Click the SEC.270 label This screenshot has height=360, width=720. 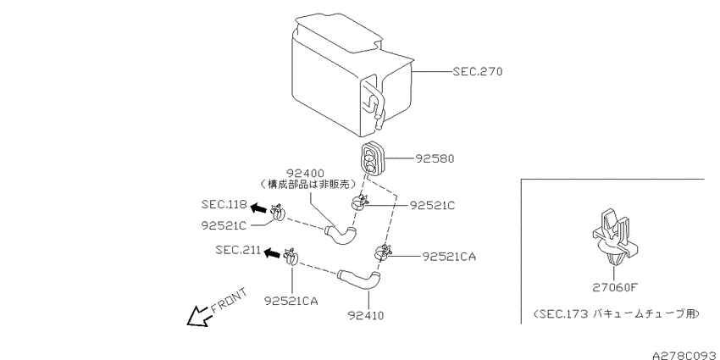(x=478, y=72)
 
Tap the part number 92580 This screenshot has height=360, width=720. (x=435, y=158)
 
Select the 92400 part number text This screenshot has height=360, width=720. (x=305, y=174)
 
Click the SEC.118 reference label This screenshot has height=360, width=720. (x=224, y=204)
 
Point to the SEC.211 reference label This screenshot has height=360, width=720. (x=238, y=250)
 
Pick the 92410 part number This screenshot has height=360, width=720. (x=366, y=315)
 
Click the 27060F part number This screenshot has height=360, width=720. (x=615, y=288)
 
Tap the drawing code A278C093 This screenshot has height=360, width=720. (x=686, y=355)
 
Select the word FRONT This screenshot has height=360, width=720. (x=230, y=300)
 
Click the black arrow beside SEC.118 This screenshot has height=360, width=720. (x=258, y=208)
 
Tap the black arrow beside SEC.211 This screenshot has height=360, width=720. (x=272, y=252)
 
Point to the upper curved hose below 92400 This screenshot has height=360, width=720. (x=341, y=235)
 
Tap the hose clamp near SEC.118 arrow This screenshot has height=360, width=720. (x=278, y=213)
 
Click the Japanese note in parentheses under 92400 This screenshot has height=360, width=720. (x=307, y=185)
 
